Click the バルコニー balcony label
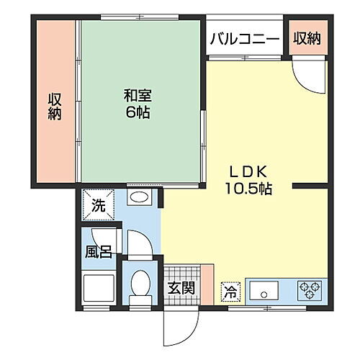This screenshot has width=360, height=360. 245,39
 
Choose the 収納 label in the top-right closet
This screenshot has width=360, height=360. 307,39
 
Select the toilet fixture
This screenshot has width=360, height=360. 139,287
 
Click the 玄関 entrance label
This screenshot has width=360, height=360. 181,287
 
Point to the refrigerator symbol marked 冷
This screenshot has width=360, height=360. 229,290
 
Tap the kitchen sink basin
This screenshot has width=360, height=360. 264,292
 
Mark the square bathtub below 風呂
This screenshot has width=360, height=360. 98,290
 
